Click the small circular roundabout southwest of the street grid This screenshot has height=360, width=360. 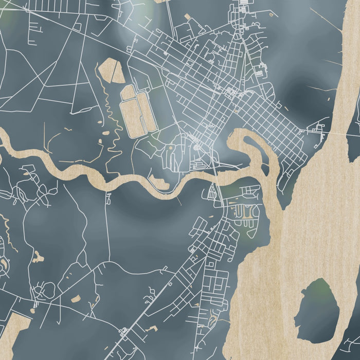[196, 148]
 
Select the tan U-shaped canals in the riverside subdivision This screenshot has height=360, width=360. [245, 211]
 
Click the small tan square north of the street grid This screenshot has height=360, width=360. [187, 17]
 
